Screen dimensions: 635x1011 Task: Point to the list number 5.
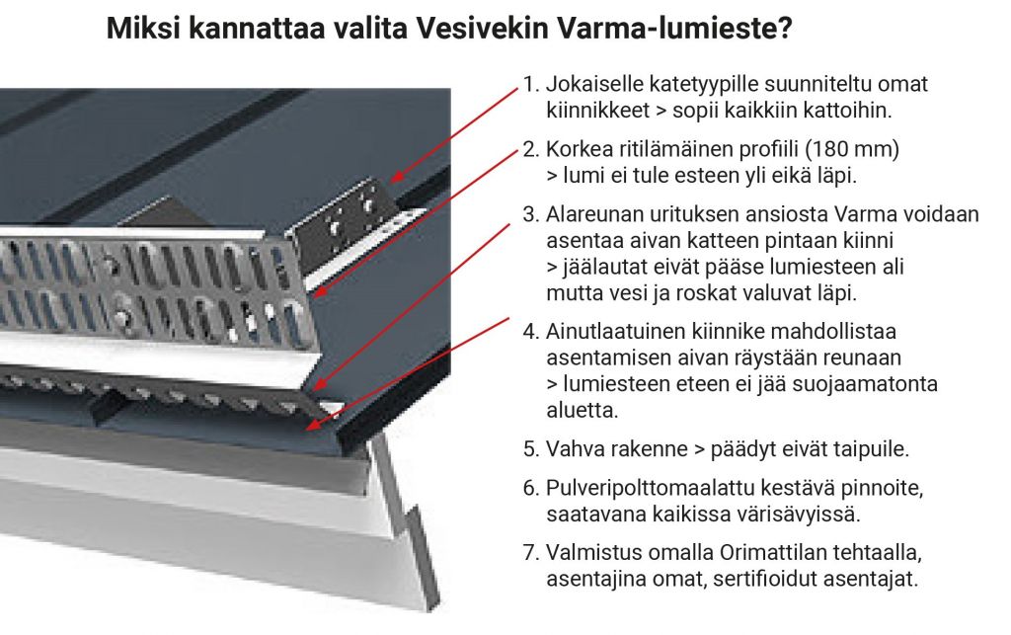pos(530,448)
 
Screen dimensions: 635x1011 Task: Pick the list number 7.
pos(530,553)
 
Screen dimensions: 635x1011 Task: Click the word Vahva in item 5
pos(577,448)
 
